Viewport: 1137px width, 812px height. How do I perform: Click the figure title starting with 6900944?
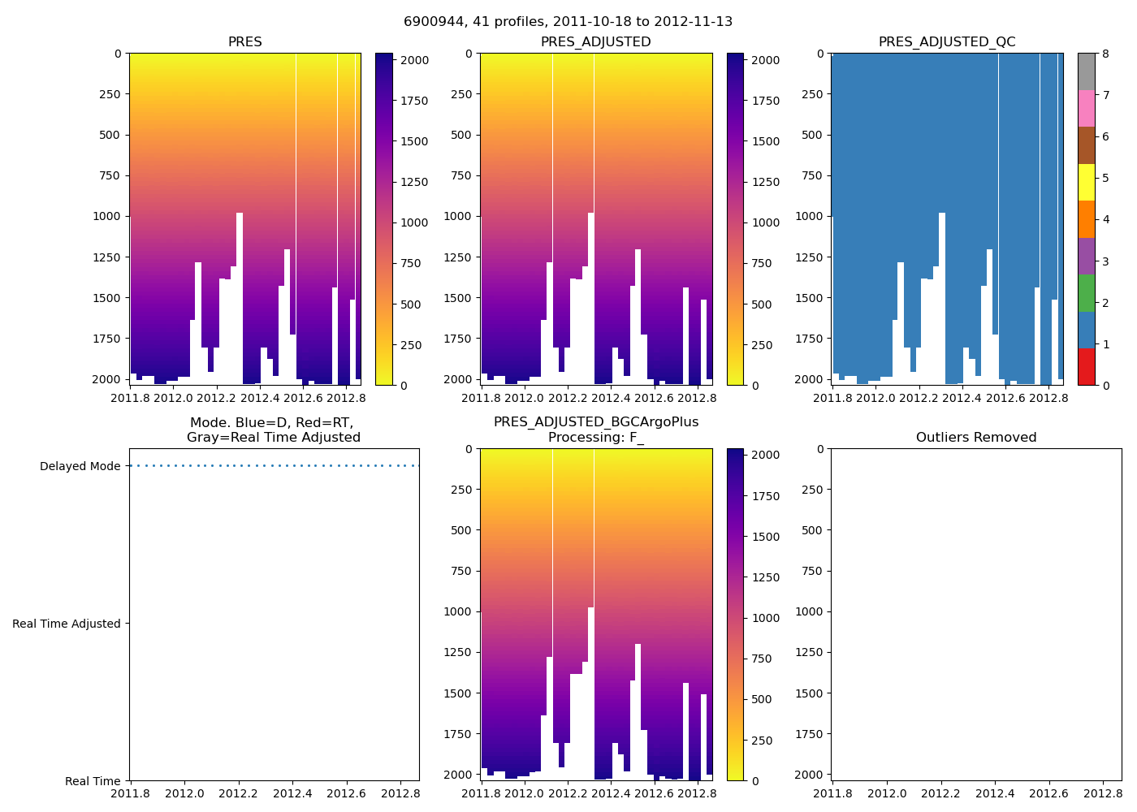568,22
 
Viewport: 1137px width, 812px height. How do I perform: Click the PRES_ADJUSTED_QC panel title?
947,42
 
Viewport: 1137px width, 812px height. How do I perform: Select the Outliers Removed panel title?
976,438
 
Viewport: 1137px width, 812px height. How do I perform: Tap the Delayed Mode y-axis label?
80,466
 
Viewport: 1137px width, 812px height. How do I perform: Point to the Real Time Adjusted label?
67,624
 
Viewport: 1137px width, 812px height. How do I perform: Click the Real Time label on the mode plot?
93,781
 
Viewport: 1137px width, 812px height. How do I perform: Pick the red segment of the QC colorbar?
1087,366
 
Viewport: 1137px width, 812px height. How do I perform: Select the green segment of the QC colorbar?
1087,292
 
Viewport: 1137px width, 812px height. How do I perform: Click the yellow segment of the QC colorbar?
1087,182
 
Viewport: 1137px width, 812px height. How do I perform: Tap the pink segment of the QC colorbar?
1087,108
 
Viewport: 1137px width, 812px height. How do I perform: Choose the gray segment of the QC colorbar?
1087,71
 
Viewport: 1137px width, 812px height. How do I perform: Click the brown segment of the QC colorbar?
1087,145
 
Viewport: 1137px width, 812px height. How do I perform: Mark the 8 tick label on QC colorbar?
1105,54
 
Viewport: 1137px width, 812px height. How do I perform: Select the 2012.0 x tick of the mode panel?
184,793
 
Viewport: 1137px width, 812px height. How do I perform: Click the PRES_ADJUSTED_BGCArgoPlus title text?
596,422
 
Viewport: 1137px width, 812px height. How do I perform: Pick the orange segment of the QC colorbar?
1087,219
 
